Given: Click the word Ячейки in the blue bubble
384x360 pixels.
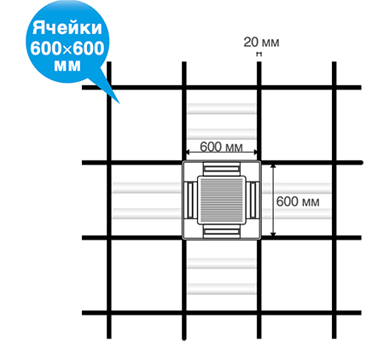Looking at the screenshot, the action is [67, 28].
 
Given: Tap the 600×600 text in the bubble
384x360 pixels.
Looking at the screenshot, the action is [67, 49].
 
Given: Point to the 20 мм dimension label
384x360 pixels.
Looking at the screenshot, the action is [261, 43].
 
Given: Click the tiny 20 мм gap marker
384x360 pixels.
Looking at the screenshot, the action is [259, 54].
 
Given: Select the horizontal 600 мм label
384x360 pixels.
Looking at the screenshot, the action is [221, 147].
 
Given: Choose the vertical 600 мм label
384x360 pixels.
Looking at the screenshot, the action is [298, 201].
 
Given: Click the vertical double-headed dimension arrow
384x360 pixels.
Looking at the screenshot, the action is [273, 200].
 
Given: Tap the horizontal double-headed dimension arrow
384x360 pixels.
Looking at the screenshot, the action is [221, 153].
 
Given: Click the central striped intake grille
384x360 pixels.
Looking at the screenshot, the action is [221, 200].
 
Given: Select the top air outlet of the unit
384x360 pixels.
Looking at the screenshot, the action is [221, 169].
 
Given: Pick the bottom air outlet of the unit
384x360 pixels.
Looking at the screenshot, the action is [221, 231].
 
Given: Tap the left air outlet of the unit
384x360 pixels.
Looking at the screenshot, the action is [190, 200].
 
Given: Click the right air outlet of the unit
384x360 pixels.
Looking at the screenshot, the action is [253, 200].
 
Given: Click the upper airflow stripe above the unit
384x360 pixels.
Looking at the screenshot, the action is [222, 108].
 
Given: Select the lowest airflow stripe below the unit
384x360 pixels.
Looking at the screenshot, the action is [222, 289].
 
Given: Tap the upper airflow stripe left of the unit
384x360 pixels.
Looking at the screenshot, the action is [147, 188].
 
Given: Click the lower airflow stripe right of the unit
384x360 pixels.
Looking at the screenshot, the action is [296, 213].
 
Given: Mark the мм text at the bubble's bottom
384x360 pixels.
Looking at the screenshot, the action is [67, 67].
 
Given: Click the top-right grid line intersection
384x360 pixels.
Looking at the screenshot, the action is [334, 87].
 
